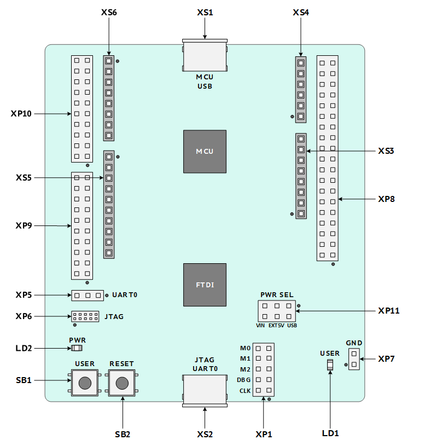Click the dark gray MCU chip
205,152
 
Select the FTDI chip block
205,285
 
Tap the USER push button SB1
85,383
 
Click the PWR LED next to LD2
77,348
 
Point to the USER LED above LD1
330,365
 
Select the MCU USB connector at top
205,55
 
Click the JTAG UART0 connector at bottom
205,391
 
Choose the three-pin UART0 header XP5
88,296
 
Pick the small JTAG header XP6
85,316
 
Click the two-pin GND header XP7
354,359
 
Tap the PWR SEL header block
277,311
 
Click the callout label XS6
109,13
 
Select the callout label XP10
21,114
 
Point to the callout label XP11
389,311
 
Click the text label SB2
123,434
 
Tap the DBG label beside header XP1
244,380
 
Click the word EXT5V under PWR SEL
276,326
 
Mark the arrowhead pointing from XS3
308,151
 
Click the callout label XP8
386,199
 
